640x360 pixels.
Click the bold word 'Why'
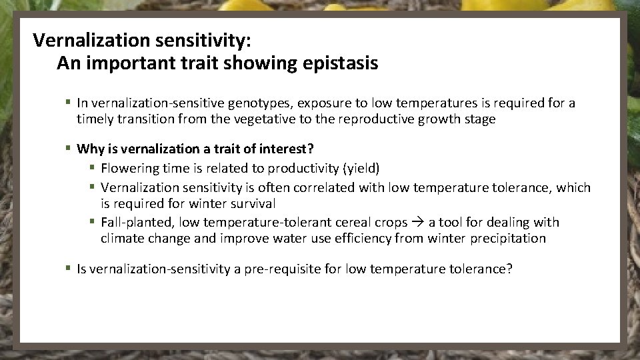[x=89, y=149]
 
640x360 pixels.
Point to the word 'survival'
[x=252, y=203]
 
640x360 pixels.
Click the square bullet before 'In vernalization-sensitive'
[x=69, y=103]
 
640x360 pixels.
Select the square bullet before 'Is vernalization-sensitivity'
[x=69, y=269]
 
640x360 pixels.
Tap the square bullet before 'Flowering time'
[x=93, y=168]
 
